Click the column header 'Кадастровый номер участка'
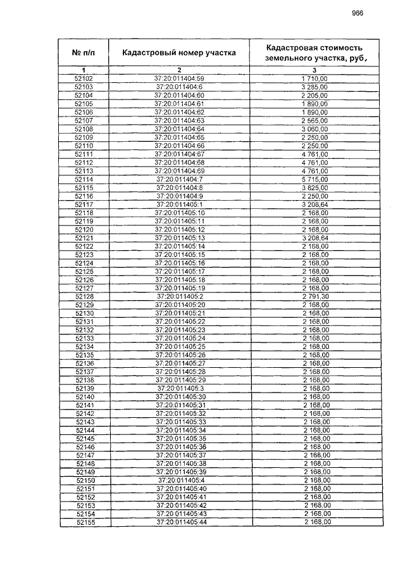(179, 53)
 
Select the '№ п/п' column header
(84, 53)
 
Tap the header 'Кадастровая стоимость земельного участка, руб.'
(315, 53)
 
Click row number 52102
(84, 78)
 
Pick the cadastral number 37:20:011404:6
(179, 87)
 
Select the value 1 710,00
(315, 78)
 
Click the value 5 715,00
(315, 180)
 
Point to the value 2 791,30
(315, 296)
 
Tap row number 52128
(84, 296)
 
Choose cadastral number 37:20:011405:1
(179, 205)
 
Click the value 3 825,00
(315, 188)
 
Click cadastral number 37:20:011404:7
(179, 180)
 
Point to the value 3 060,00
(315, 129)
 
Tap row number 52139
(84, 388)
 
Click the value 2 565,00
(315, 120)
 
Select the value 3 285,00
(315, 87)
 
